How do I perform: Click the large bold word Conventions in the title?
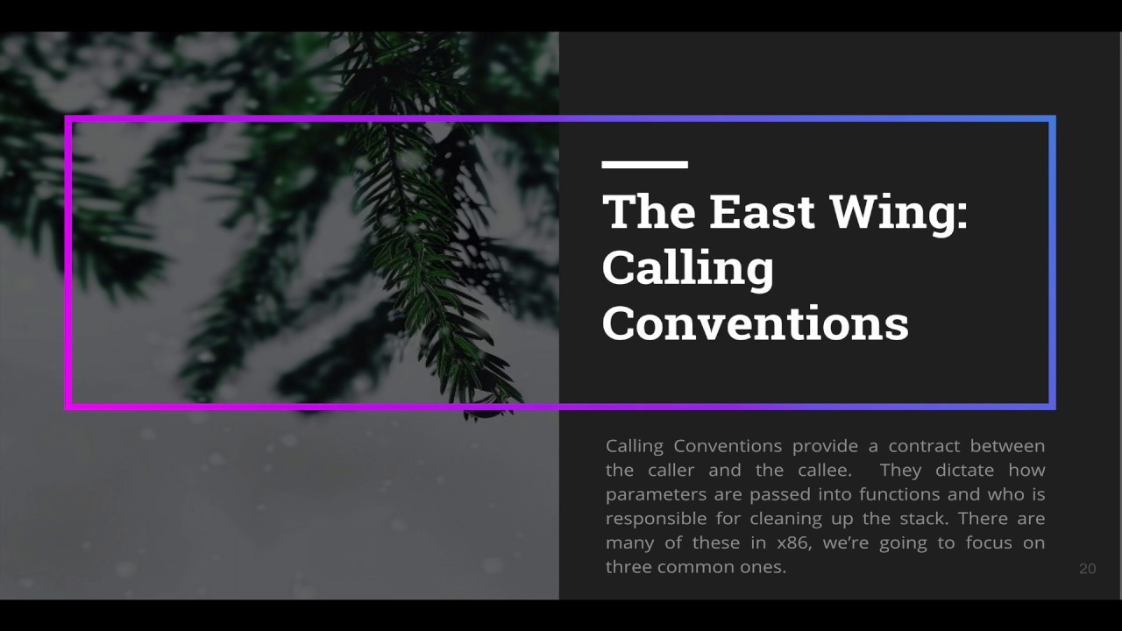point(755,323)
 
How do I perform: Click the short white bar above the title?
point(644,164)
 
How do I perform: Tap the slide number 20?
point(1087,569)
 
